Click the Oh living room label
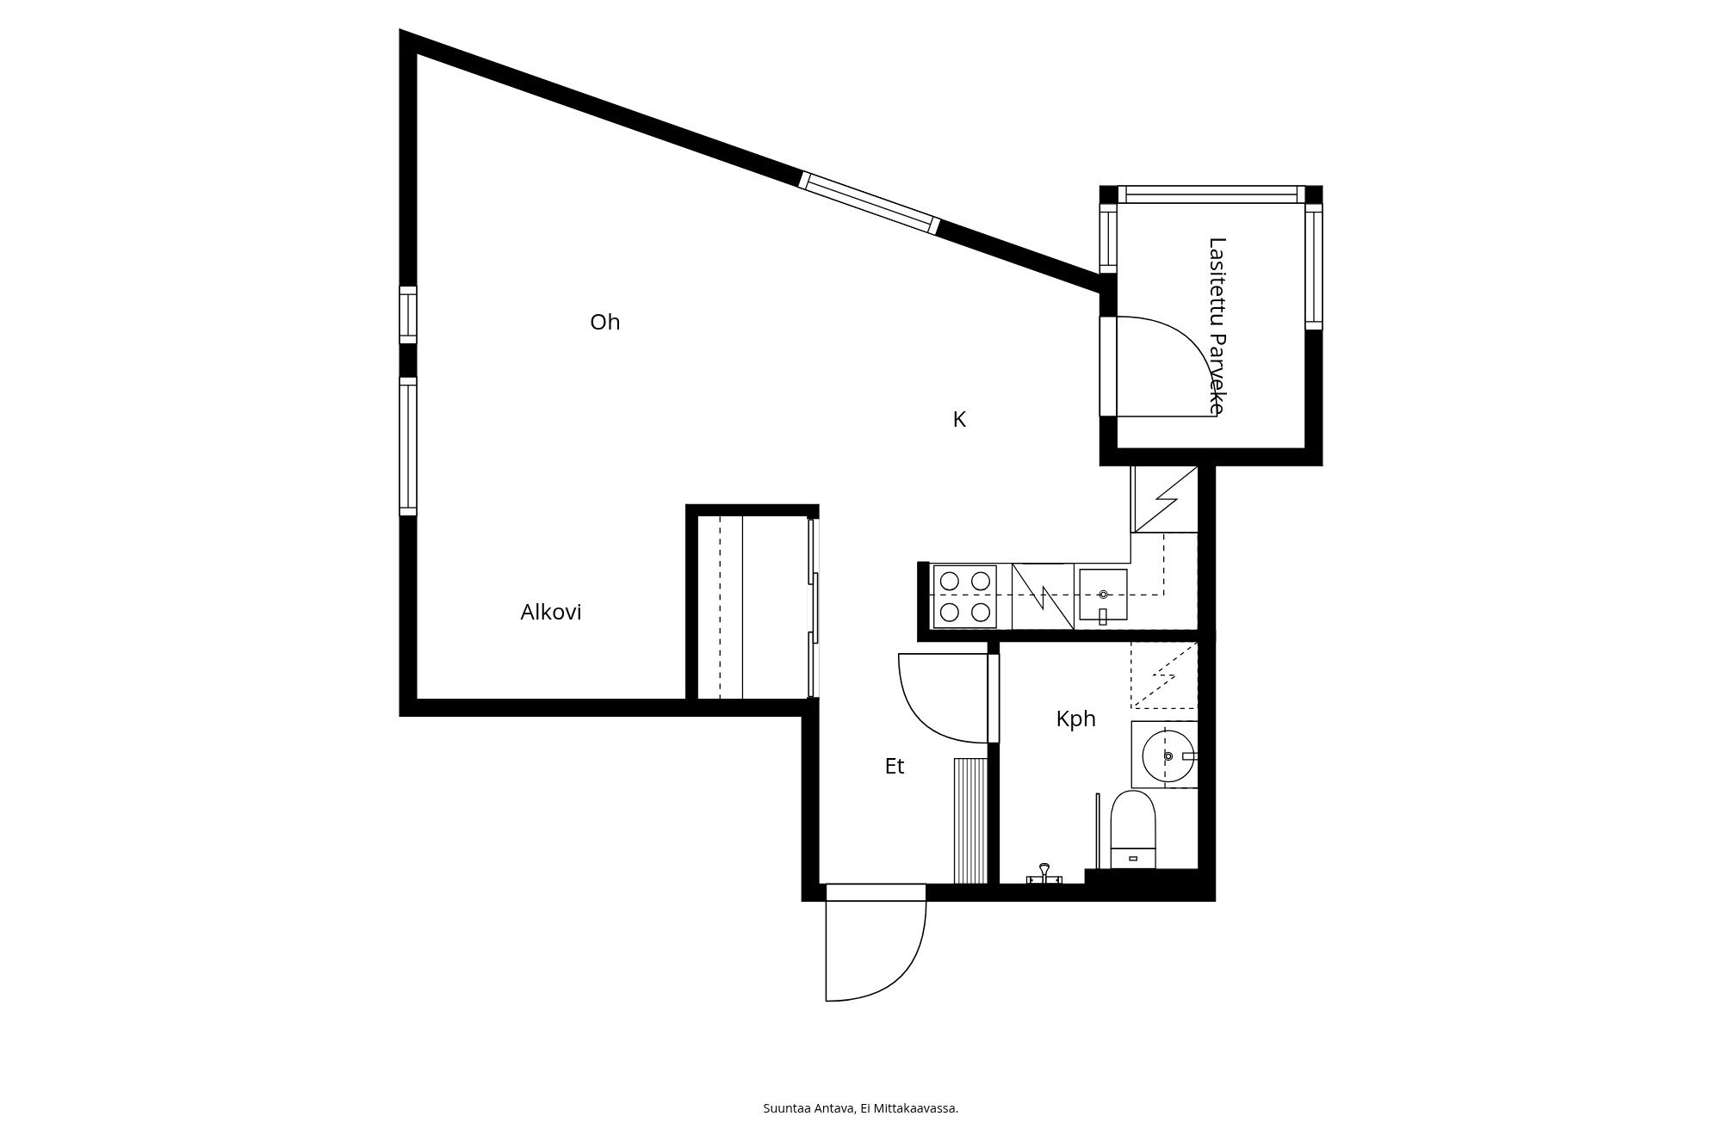click(x=604, y=322)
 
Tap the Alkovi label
click(x=551, y=612)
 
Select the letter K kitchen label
click(x=959, y=419)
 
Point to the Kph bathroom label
click(x=1075, y=718)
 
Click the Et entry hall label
click(x=895, y=766)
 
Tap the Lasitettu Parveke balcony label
click(x=1217, y=326)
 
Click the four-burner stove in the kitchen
click(x=965, y=596)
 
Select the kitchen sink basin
click(x=1103, y=595)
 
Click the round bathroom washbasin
click(x=1168, y=755)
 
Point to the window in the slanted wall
click(x=870, y=203)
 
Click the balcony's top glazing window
click(x=1211, y=194)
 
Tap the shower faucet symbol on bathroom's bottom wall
click(x=1044, y=874)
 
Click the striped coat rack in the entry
click(x=970, y=821)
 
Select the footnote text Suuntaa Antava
click(x=808, y=1108)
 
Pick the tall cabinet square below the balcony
click(x=1165, y=499)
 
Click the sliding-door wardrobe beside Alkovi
click(x=754, y=607)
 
